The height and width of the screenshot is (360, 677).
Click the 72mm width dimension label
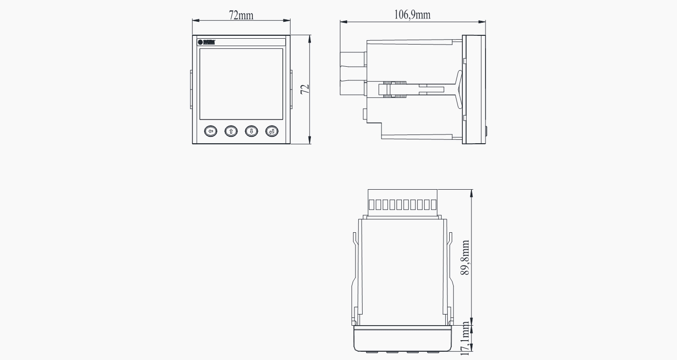(241, 15)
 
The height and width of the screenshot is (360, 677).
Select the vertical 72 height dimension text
(305, 90)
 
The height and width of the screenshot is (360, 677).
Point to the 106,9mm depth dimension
(412, 15)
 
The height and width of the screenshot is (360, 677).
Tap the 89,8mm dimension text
(465, 257)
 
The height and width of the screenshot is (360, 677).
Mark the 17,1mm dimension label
(465, 340)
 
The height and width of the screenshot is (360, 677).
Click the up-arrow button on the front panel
(231, 131)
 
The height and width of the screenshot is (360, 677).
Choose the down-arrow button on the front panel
(251, 131)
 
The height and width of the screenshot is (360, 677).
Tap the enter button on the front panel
(272, 131)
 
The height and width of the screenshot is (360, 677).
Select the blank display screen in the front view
(241, 84)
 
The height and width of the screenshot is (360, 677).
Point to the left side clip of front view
(191, 90)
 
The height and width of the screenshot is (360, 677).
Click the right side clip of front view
(291, 90)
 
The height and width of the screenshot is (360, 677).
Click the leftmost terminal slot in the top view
(371, 205)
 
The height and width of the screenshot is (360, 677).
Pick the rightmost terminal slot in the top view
(434, 205)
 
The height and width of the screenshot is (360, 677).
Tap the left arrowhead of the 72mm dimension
(195, 21)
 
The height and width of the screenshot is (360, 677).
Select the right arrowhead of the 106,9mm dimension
(483, 21)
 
